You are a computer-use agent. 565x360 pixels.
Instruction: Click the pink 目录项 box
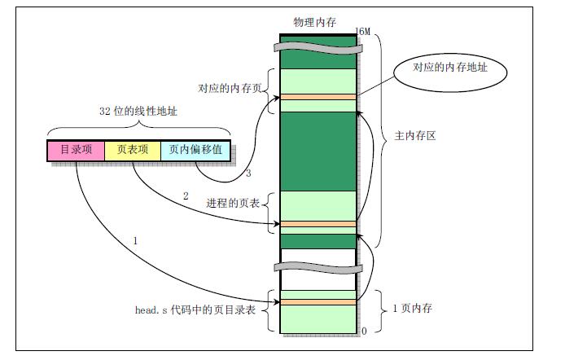tap(76, 150)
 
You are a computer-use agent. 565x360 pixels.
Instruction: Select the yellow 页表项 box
tap(132, 150)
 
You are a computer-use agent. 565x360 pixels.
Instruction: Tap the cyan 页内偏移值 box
tap(195, 150)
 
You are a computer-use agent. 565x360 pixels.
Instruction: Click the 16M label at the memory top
tap(363, 32)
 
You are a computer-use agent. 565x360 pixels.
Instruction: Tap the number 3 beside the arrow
tap(247, 172)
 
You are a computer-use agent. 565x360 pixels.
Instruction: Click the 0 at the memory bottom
tap(363, 331)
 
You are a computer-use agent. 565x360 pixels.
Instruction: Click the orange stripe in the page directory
tap(318, 302)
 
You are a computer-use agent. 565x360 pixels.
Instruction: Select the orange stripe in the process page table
tap(318, 223)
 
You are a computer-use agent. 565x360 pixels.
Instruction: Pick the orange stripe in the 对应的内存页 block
tap(318, 97)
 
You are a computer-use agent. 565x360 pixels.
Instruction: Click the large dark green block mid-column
tap(318, 151)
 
